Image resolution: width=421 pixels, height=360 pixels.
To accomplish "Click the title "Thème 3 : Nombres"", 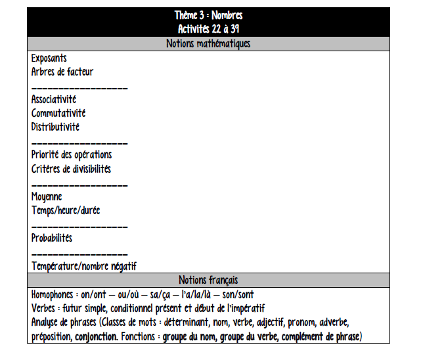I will click(x=208, y=14).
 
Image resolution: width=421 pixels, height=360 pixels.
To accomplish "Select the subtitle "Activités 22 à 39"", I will click(x=208, y=29).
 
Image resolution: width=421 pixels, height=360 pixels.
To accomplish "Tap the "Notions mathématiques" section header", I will click(x=208, y=44).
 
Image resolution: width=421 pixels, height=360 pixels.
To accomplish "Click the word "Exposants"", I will click(x=49, y=58).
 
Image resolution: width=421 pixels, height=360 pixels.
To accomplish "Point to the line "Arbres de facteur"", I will click(x=62, y=72).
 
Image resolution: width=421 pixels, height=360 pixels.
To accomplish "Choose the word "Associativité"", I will click(x=54, y=100).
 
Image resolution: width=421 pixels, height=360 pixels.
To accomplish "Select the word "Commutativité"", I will click(x=58, y=114).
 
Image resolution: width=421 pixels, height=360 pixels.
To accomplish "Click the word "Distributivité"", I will click(x=56, y=127).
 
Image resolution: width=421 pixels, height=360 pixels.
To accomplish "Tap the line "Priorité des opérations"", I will click(x=72, y=155).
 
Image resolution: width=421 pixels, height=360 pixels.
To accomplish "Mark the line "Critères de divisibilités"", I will click(x=71, y=169).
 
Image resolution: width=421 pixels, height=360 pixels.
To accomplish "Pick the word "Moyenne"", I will click(x=47, y=196).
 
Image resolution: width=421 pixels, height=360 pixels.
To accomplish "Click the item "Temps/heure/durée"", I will click(x=66, y=210).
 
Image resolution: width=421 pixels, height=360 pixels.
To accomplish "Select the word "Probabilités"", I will click(x=52, y=238).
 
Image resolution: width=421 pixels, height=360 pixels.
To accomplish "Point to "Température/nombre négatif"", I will click(x=84, y=266).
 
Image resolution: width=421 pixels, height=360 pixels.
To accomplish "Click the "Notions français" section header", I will click(x=208, y=281).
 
